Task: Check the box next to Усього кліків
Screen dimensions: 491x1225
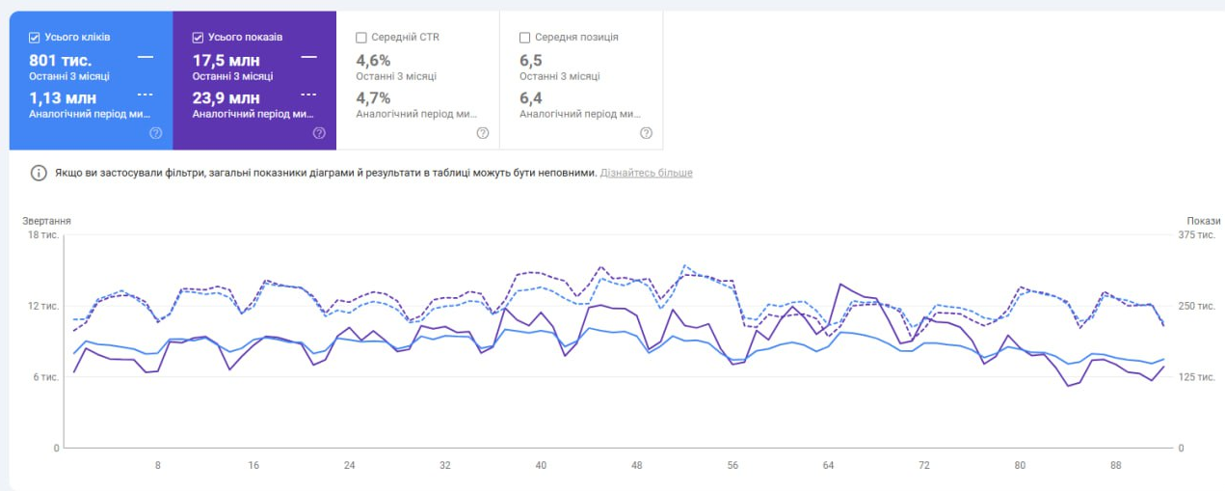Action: pos(35,38)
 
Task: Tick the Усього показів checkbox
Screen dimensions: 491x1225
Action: pos(199,38)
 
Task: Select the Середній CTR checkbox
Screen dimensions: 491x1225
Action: pos(361,38)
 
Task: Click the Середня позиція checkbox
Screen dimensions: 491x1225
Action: pos(524,38)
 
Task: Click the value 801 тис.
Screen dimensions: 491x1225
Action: pos(61,60)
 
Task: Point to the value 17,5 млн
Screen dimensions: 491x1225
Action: pos(226,60)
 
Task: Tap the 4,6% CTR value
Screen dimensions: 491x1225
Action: pos(373,60)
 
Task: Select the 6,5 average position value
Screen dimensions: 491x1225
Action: pos(531,60)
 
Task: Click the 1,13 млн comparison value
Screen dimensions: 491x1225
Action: pos(63,97)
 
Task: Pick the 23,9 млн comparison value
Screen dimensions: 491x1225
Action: pos(226,97)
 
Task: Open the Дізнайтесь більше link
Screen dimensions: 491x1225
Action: pos(646,173)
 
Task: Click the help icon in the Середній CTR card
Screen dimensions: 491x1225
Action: pos(483,133)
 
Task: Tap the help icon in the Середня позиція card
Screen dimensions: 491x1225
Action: pos(646,133)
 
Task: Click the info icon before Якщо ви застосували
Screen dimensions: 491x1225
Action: pos(39,173)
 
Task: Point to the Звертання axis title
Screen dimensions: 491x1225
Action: pos(46,221)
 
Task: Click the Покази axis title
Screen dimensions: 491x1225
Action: pos(1204,221)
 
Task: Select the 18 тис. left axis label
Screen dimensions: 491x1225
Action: pos(43,234)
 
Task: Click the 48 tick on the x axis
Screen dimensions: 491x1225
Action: pos(636,465)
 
